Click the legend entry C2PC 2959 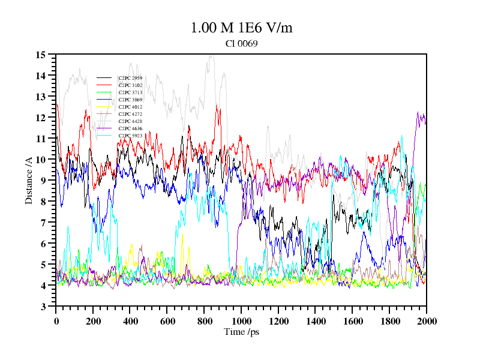point(130,78)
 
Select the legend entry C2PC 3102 point(130,85)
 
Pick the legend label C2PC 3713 point(130,92)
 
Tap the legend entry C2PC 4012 point(130,107)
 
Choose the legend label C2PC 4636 point(130,128)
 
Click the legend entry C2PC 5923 point(130,136)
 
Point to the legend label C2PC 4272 point(130,114)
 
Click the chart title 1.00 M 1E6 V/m point(241,28)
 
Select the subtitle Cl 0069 point(241,43)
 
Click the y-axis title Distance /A point(29,181)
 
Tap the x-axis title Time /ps point(241,332)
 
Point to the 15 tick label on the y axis point(41,55)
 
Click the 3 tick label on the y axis point(43,307)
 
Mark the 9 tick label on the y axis point(43,181)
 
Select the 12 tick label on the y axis point(41,118)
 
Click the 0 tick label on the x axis point(56,321)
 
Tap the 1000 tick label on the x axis point(241,321)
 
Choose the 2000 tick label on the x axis point(426,321)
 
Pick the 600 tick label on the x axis point(167,321)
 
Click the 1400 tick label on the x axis point(316,321)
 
